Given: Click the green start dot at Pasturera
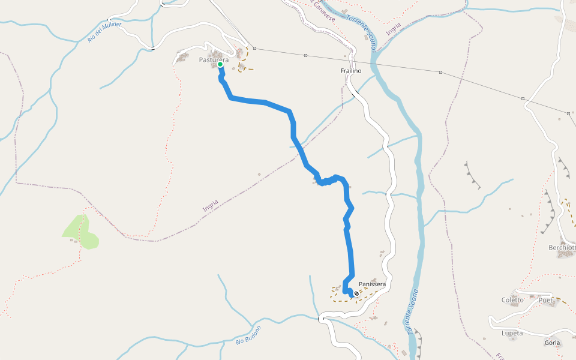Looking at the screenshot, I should [220, 64].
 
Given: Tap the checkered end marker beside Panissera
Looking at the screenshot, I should [356, 293].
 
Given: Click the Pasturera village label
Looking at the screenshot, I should [214, 59].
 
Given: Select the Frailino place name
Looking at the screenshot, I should [351, 71].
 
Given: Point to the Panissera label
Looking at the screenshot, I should [372, 284].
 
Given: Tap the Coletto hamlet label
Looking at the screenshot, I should [512, 300].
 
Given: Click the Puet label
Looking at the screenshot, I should [545, 300].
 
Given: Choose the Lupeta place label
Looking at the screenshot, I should [512, 333].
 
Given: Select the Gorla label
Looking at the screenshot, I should [552, 343].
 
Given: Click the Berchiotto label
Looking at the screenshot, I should [562, 247].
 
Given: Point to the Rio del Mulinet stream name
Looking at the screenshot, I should [104, 32].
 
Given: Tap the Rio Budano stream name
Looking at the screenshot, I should [248, 335].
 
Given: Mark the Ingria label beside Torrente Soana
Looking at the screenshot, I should [394, 29].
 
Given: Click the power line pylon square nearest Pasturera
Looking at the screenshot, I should [254, 48].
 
